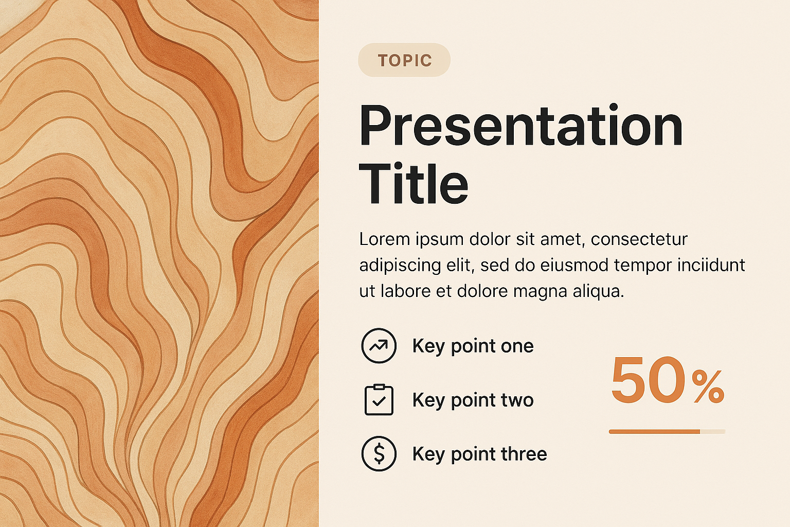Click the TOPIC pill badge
pyautogui.click(x=404, y=60)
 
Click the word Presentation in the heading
pyautogui.click(x=521, y=125)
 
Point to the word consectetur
pyautogui.click(x=639, y=240)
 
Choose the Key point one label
pyautogui.click(x=473, y=346)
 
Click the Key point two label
pyautogui.click(x=473, y=400)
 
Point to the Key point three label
pyautogui.click(x=480, y=454)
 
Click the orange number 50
pyautogui.click(x=648, y=379)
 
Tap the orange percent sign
pyautogui.click(x=708, y=388)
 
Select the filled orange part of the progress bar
pyautogui.click(x=655, y=432)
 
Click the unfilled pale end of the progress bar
pyautogui.click(x=713, y=432)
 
